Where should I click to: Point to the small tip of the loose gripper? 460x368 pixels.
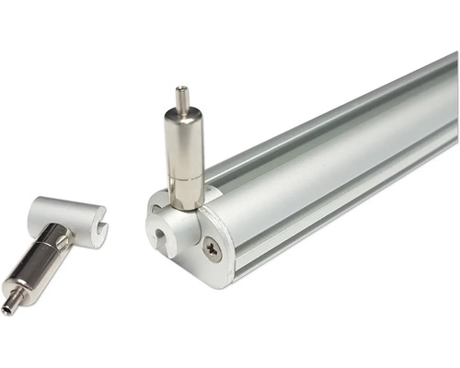[x=8, y=308]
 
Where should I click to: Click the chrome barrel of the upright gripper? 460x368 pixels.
[x=182, y=143]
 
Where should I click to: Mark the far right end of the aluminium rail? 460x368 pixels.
[x=453, y=101]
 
